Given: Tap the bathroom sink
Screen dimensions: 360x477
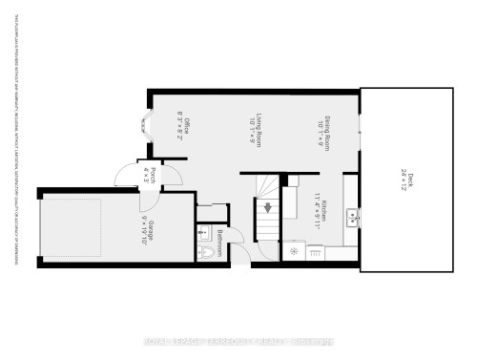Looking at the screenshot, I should [203, 232].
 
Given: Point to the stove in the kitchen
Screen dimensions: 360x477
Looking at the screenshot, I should [294, 252].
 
